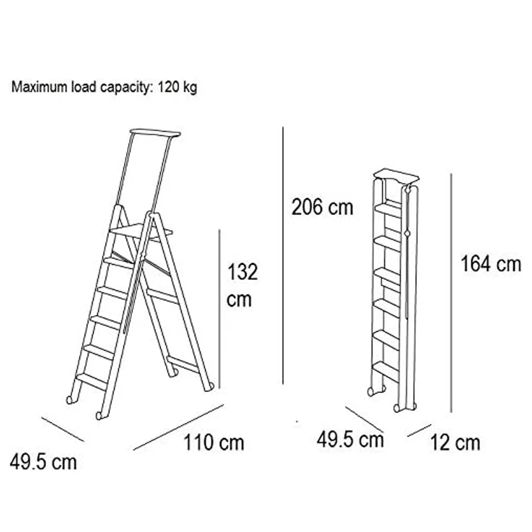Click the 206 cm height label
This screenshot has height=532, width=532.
click(322, 207)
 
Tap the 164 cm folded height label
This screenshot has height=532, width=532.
click(491, 264)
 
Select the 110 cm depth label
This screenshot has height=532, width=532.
click(214, 442)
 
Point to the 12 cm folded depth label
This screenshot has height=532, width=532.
click(455, 443)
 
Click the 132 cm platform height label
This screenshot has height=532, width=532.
click(242, 286)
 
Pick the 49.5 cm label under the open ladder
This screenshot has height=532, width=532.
click(43, 470)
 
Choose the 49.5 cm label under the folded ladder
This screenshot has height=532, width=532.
click(350, 440)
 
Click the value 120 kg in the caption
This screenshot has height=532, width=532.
click(177, 88)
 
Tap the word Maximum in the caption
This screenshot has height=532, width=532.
click(39, 87)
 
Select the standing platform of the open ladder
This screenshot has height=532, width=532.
click(141, 231)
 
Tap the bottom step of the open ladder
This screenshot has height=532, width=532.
click(92, 381)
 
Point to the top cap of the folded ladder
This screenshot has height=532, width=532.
click(396, 176)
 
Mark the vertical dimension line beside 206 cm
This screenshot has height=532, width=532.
click(283, 256)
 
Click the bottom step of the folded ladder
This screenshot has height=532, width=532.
click(386, 372)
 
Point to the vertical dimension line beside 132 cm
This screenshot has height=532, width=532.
click(219, 309)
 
